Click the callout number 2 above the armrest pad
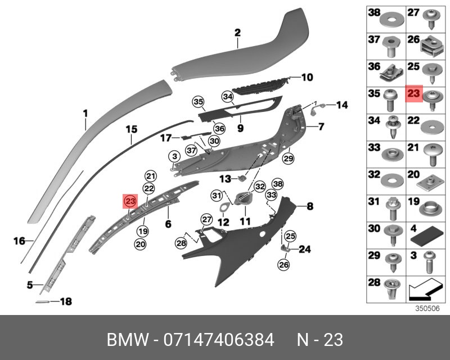point(237,33)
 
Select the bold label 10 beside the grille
point(307,78)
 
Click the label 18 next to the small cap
point(66,302)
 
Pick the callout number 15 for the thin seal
point(131,129)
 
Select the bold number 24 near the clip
point(304,249)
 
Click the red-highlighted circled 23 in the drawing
point(130,201)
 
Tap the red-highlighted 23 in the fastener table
point(413,94)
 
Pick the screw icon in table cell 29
point(391,260)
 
